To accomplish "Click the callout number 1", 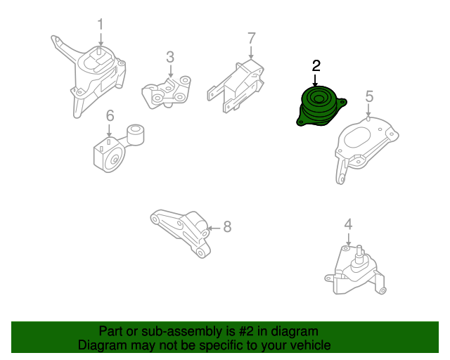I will [100, 25].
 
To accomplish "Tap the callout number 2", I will [316, 66].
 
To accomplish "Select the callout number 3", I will [169, 56].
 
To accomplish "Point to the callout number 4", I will [347, 225].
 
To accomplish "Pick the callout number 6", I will [110, 115].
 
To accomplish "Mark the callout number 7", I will [251, 38].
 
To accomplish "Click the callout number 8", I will [226, 226].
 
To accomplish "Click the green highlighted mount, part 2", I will [320, 108].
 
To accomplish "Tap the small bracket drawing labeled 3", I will [167, 92].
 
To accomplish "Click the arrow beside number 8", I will [214, 227].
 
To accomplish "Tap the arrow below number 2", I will [316, 79].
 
